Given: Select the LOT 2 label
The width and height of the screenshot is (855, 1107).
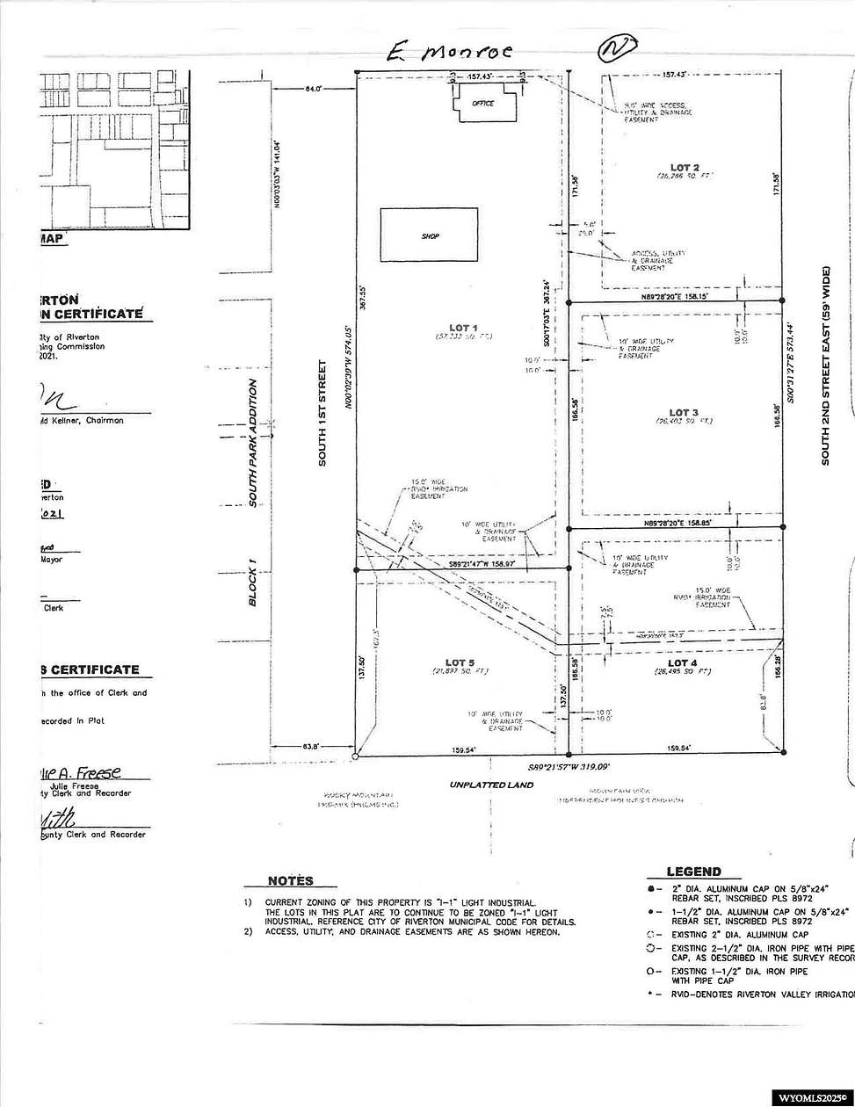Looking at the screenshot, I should [x=685, y=167].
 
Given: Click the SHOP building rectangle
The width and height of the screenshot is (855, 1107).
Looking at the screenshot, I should [x=429, y=235].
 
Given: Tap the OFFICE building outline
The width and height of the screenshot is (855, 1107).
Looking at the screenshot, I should [x=482, y=104].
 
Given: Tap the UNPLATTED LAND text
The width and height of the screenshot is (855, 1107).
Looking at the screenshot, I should [x=493, y=785].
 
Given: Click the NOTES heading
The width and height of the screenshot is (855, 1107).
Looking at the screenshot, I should [x=290, y=881].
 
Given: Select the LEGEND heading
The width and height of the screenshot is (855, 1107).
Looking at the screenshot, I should [x=694, y=872].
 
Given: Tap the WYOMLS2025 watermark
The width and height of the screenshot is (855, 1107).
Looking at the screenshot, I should [x=810, y=1097].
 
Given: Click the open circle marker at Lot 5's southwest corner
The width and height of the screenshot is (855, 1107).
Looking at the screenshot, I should [x=355, y=755].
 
